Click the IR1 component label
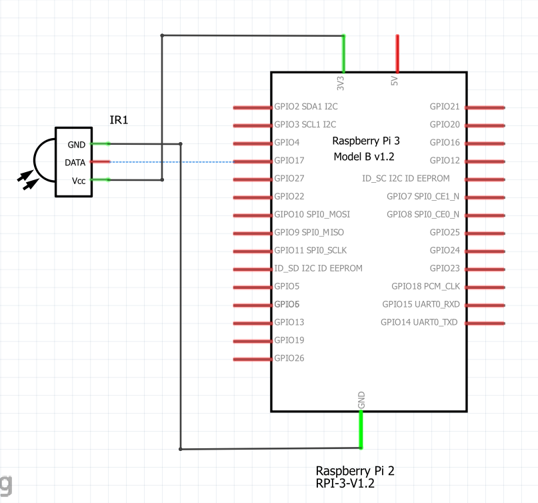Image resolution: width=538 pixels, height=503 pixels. pyautogui.click(x=119, y=120)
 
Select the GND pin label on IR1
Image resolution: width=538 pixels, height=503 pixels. pyautogui.click(x=76, y=144)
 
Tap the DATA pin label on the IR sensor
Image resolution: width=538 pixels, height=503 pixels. pyautogui.click(x=75, y=162)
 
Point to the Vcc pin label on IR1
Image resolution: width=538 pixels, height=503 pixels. pyautogui.click(x=78, y=180)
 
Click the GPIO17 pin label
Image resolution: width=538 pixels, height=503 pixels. pyautogui.click(x=289, y=160)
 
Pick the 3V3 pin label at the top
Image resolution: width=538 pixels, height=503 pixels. pyautogui.click(x=340, y=83)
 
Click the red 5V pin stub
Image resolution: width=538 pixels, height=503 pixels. pyautogui.click(x=397, y=53)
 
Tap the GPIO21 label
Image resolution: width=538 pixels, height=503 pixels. pyautogui.click(x=445, y=106)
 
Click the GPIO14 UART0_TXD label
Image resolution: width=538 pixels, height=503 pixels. pyautogui.click(x=419, y=322)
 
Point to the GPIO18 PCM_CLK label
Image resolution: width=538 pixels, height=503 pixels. pyautogui.click(x=425, y=286)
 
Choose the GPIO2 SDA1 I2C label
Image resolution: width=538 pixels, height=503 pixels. pyautogui.click(x=305, y=106)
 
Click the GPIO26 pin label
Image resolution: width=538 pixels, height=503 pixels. pyautogui.click(x=289, y=358)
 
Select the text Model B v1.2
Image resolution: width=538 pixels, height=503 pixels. pyautogui.click(x=364, y=157)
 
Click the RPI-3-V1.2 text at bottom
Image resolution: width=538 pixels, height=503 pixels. pyautogui.click(x=345, y=484)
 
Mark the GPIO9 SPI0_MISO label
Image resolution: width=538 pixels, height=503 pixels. pyautogui.click(x=309, y=232)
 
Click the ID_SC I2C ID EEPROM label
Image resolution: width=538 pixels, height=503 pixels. pyautogui.click(x=405, y=178)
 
